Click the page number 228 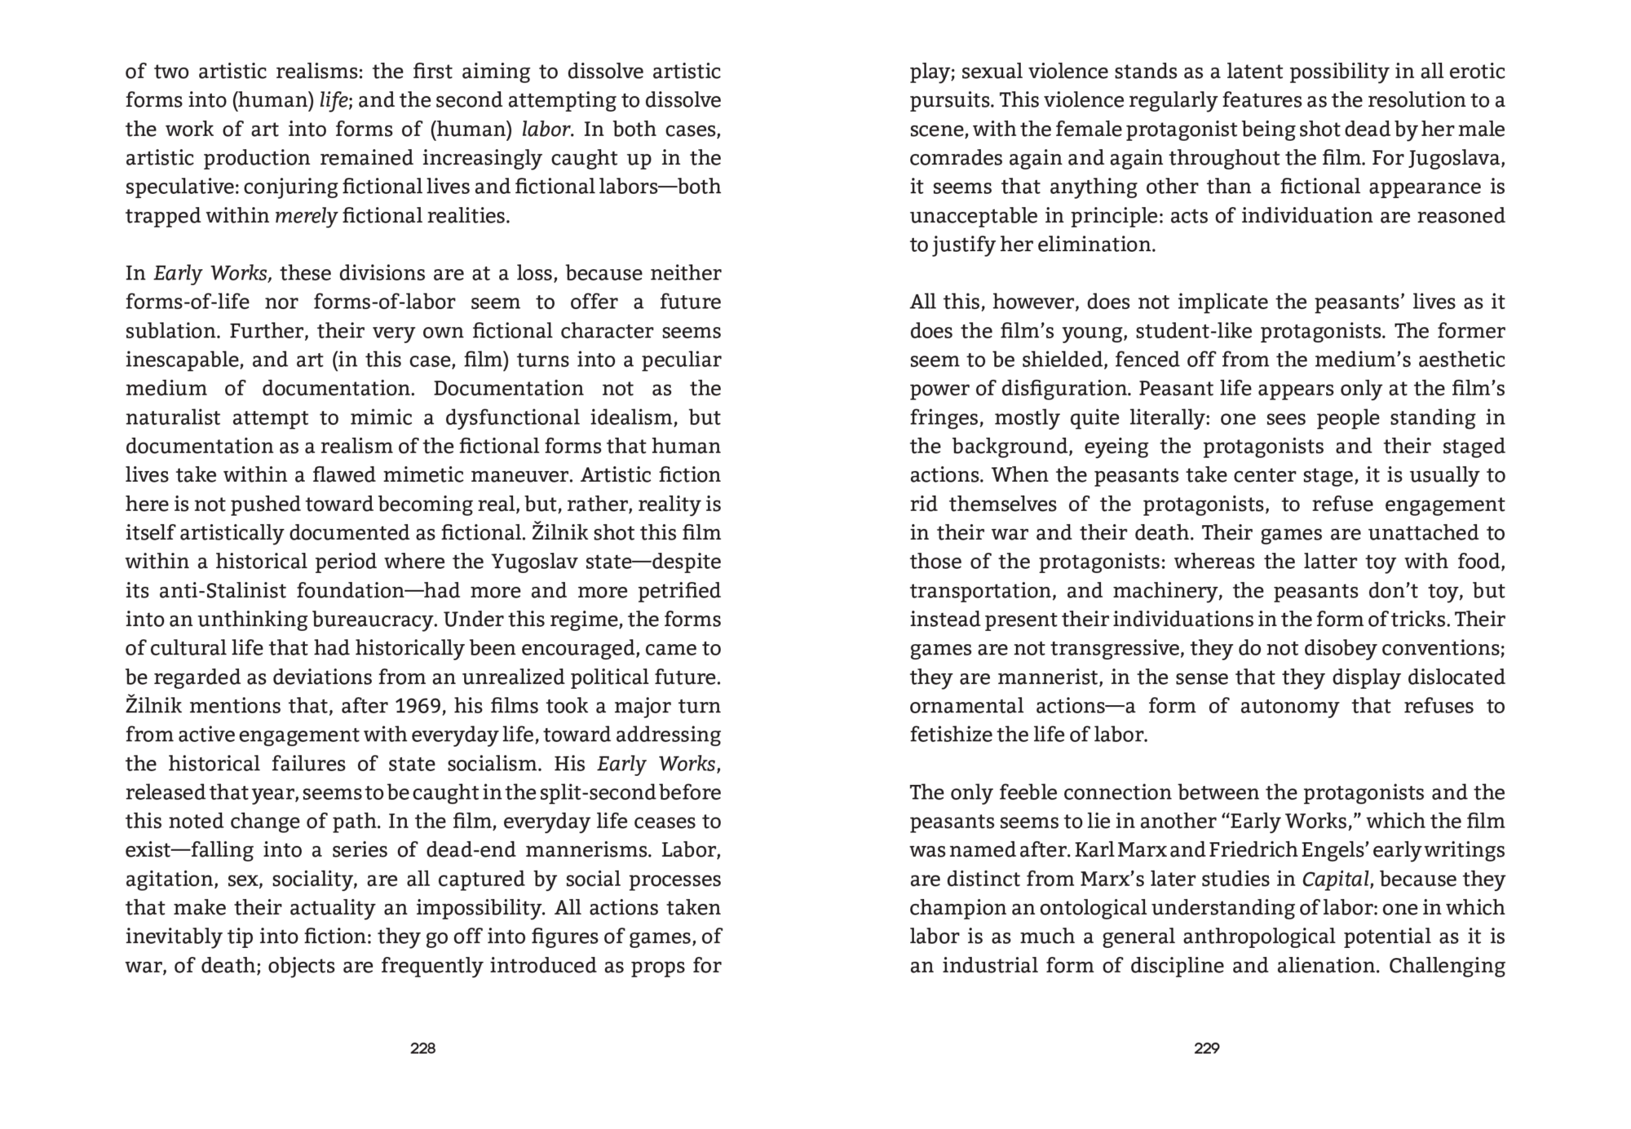tap(422, 1048)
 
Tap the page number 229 tap(1206, 1048)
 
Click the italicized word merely tap(306, 216)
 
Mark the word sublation tap(170, 332)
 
